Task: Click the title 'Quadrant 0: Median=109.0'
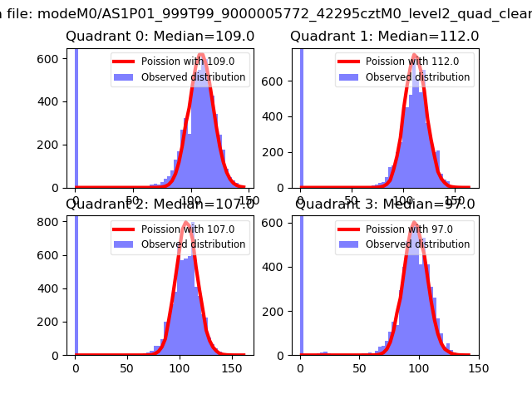(160, 37)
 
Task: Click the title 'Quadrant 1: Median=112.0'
(384, 37)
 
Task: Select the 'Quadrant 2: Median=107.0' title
(160, 204)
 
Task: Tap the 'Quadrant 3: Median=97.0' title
(386, 204)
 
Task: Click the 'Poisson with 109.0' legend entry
(176, 62)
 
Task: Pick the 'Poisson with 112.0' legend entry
(401, 62)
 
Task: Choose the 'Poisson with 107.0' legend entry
(176, 229)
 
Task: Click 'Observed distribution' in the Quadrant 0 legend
(193, 77)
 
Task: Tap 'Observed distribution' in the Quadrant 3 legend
(417, 244)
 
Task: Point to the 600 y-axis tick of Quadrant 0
(51, 58)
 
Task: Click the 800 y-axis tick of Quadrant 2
(51, 221)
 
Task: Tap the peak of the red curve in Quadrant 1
(414, 57)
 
